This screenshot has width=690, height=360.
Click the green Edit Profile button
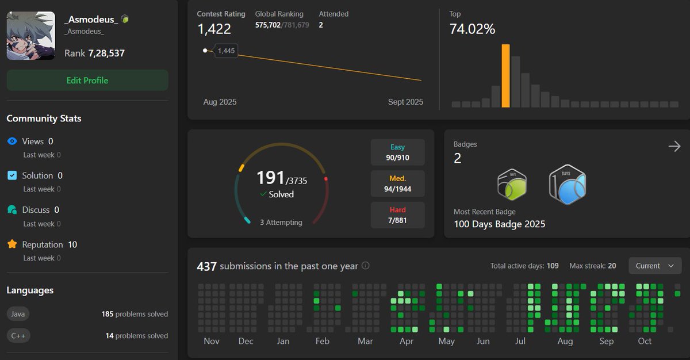pos(87,81)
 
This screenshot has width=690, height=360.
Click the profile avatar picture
pos(31,36)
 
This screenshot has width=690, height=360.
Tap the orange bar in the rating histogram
pos(505,76)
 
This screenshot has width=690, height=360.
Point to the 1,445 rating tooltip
pos(226,51)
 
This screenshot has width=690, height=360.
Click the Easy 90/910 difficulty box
pos(397,152)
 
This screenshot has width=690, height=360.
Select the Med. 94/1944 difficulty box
pos(397,183)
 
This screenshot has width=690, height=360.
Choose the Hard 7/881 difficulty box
pos(397,215)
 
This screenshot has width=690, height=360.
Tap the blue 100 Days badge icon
pos(567,185)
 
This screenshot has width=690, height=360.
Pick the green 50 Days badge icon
pos(512,185)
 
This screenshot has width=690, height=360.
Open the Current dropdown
pos(655,266)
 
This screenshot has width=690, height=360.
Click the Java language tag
pos(17,314)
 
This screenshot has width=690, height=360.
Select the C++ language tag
pos(18,336)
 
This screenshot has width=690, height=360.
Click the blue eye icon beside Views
pos(12,141)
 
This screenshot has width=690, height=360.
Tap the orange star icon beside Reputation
pos(12,244)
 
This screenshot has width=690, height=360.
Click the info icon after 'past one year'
pos(365,266)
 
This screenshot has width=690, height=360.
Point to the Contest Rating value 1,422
pos(214,29)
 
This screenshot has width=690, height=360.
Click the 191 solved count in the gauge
pos(270,178)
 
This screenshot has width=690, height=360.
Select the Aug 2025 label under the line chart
pos(220,102)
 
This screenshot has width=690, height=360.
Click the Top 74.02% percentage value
pos(472,29)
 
